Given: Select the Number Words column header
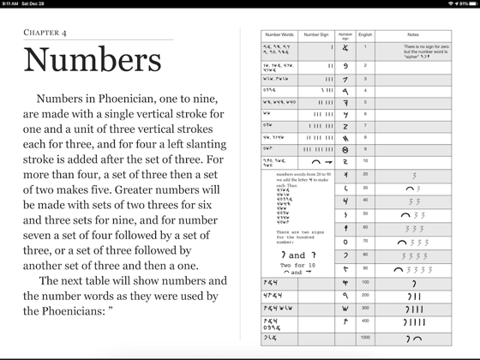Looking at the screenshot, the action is pos(280,37).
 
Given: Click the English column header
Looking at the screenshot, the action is pos(364,37).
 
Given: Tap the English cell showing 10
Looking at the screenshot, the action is pos(364,160).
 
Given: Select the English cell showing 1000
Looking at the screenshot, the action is pos(364,338).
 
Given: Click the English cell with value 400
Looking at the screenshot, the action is pos(364,321).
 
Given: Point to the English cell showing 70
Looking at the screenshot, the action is pos(364,242).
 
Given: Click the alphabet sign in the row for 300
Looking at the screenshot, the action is pos(345,306).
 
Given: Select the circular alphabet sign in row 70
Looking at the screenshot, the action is pos(345,242).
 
